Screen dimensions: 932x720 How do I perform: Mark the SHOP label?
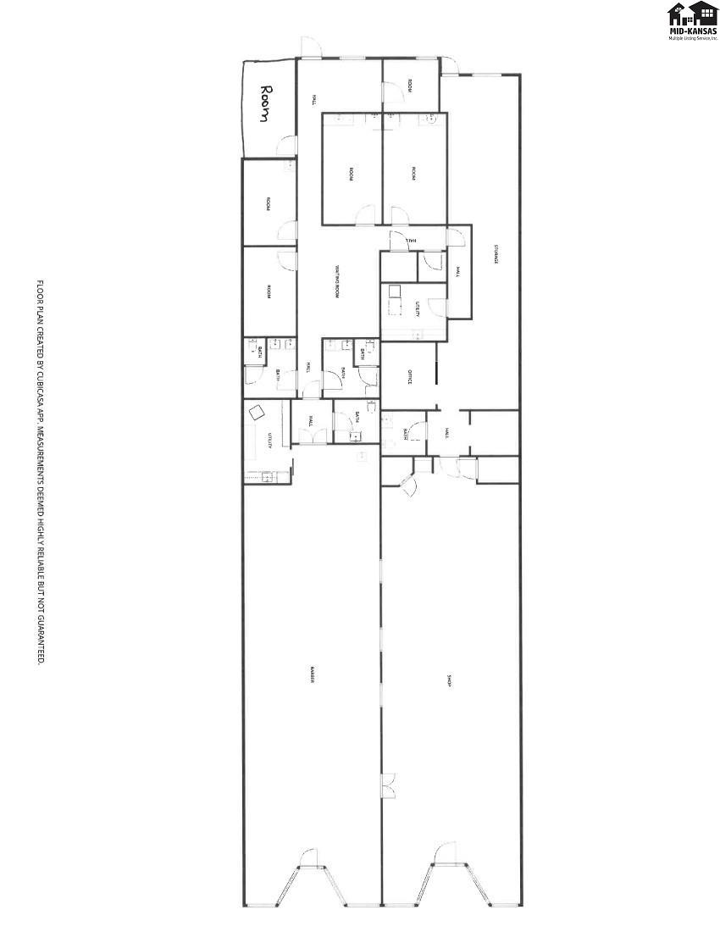pyautogui.click(x=449, y=680)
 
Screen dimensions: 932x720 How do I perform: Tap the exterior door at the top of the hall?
pyautogui.click(x=308, y=47)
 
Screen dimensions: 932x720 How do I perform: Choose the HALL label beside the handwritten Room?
pyautogui.click(x=314, y=99)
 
